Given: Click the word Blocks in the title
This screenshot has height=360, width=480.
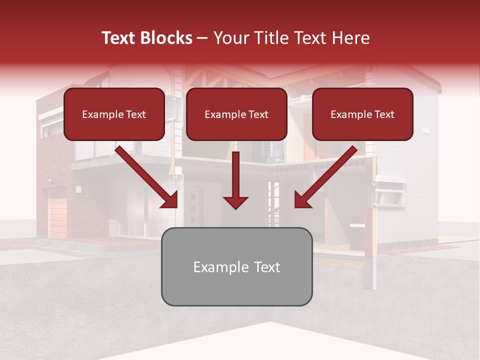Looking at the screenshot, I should click(166, 38).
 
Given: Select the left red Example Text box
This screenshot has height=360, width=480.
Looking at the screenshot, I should click(114, 114).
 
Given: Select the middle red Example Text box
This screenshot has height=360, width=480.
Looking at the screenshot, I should click(236, 114).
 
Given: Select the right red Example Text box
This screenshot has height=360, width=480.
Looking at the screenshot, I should click(362, 114).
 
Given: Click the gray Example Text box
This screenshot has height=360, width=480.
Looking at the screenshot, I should click(236, 266).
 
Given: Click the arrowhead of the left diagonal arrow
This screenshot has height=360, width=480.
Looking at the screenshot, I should click(170, 200).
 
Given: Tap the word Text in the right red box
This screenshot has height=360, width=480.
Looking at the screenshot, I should click(384, 114).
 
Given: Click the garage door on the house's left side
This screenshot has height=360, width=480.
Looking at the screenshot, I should click(57, 217).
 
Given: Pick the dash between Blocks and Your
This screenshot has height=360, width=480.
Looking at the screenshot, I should click(202, 38).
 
